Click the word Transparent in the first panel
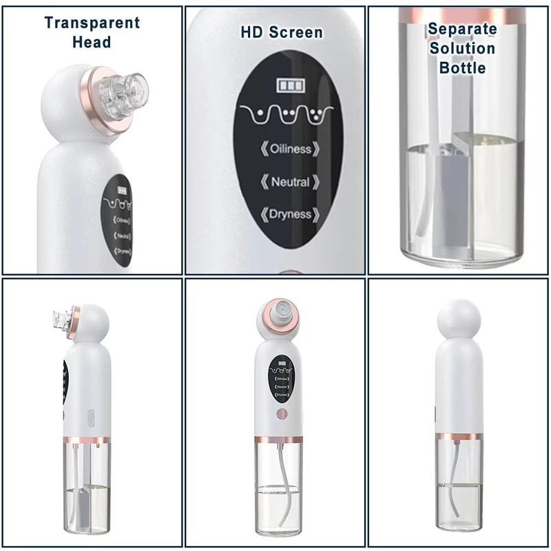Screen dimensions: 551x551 point(92,22)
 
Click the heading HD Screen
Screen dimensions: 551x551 point(281,32)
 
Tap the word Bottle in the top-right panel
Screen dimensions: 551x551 point(462,67)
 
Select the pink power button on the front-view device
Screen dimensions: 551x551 point(281,415)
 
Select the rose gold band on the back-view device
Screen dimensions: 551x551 point(459,436)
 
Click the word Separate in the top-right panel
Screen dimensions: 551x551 point(462,29)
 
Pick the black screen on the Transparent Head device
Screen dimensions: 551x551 point(118,220)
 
